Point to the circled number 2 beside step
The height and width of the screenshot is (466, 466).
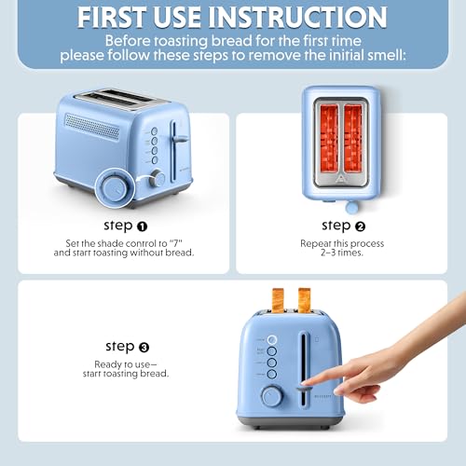click(x=361, y=226)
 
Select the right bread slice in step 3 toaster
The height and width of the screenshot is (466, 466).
click(x=305, y=298)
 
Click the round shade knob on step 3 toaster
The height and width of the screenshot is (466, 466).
click(x=271, y=396)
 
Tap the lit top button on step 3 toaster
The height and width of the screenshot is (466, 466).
click(x=272, y=340)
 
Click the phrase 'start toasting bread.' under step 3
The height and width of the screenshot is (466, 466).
click(x=132, y=373)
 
